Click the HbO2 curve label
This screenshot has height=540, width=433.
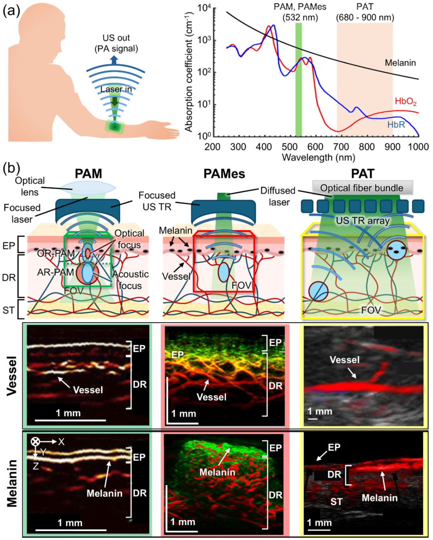[405, 101]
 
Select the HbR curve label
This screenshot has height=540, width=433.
[396, 125]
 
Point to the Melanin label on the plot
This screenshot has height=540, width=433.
[400, 63]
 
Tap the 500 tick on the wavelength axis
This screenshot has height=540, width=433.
[289, 147]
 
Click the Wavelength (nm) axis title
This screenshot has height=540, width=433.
[318, 157]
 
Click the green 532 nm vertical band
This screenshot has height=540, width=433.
[298, 80]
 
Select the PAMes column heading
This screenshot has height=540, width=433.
[224, 174]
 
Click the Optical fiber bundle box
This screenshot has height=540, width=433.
[362, 188]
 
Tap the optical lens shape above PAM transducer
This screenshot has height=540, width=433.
[88, 186]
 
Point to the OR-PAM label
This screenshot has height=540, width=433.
[56, 253]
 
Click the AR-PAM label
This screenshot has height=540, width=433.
[55, 272]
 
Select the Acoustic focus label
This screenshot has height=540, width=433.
[130, 280]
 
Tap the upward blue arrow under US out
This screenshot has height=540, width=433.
[114, 60]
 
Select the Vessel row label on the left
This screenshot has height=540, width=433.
[12, 376]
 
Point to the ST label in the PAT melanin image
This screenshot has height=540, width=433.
[336, 502]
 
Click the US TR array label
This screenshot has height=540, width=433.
[362, 220]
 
